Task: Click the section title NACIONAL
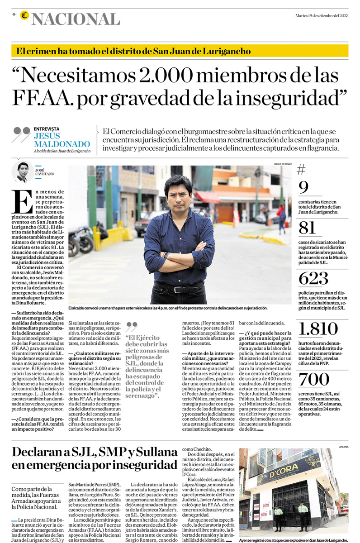(76, 19)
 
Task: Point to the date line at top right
(322, 15)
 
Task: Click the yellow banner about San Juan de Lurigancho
(180, 51)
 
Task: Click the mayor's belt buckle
(181, 289)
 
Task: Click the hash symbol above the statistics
(301, 170)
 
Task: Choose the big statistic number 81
(307, 228)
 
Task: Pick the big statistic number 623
(313, 279)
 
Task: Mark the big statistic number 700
(313, 379)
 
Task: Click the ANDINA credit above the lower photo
(343, 446)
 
